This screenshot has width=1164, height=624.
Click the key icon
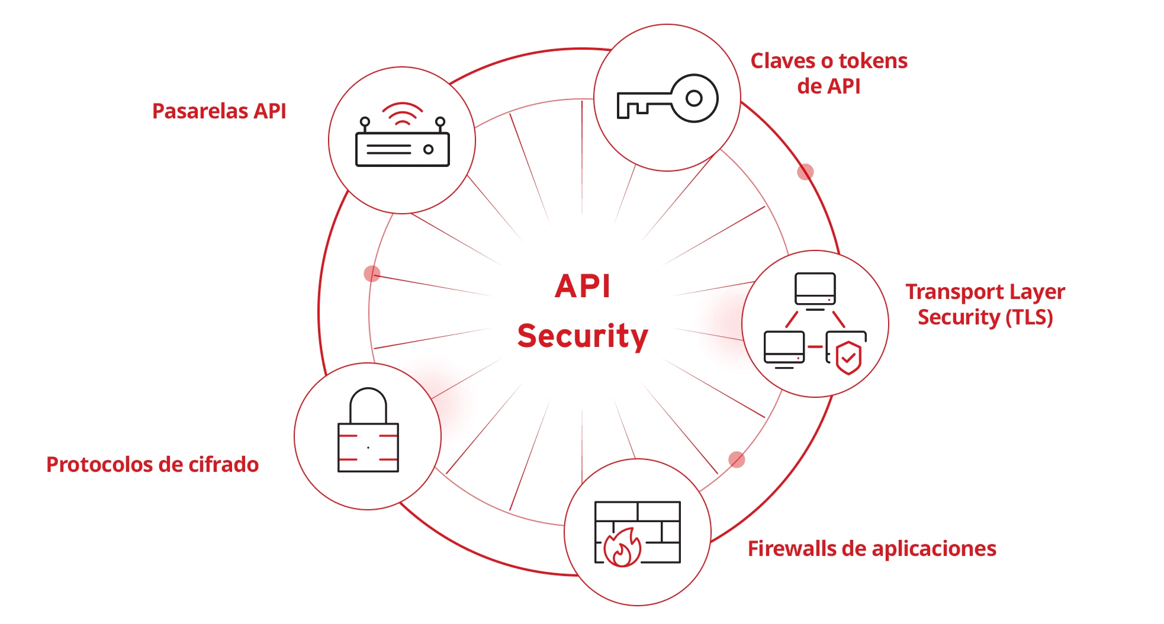667,99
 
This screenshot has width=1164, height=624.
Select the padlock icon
368,431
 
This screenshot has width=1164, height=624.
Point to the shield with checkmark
848,357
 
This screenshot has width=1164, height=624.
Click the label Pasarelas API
219,111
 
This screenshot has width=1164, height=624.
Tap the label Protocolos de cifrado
152,465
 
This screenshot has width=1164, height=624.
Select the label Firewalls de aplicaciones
872,549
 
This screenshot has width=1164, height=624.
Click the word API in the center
583,287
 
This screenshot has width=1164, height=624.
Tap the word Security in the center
583,336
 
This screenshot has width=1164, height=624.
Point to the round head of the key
694,98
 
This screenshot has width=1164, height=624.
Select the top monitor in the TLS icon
815,289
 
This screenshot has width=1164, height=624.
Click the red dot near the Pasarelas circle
372,274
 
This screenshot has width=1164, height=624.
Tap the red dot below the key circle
805,172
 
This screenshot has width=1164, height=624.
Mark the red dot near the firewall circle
737,459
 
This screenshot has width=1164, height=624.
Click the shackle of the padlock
368,404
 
